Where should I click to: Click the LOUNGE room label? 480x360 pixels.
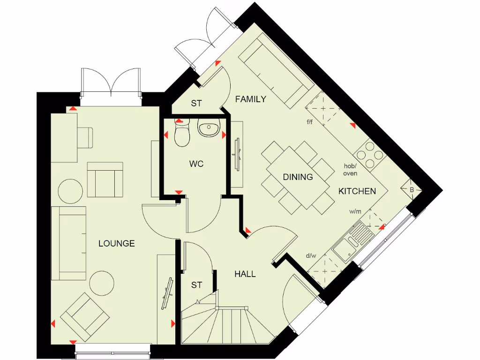(x=116, y=243)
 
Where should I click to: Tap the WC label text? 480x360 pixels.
(x=196, y=164)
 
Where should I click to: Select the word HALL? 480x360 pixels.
(x=245, y=274)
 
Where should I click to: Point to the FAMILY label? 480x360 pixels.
(x=250, y=99)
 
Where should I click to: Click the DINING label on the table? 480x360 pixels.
(x=298, y=177)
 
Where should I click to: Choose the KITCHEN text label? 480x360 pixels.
(x=357, y=191)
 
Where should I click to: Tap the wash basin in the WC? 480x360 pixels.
(x=209, y=127)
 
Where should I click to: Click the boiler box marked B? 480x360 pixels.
(x=412, y=190)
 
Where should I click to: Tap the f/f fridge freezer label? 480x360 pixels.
(x=310, y=122)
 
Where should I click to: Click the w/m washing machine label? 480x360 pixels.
(x=355, y=212)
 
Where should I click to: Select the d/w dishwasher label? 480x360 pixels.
(x=311, y=255)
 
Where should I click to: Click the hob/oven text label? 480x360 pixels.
(x=350, y=170)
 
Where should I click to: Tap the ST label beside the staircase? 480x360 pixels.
(x=196, y=285)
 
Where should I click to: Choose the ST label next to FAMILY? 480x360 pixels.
(x=196, y=104)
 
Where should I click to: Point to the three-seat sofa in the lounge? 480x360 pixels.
(x=68, y=243)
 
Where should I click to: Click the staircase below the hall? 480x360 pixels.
(x=225, y=323)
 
